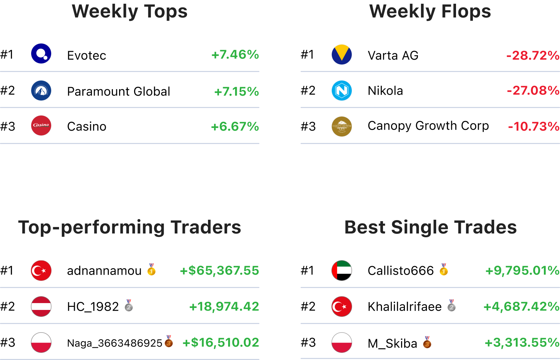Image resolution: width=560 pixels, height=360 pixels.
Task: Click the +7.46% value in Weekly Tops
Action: click(x=235, y=55)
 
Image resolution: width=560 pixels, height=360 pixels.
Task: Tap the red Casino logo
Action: click(x=41, y=125)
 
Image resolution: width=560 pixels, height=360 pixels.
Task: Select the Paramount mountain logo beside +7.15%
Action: click(x=41, y=91)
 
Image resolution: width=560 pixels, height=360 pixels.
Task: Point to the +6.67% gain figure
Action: click(x=235, y=127)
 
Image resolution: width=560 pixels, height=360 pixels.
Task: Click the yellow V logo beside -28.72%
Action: click(x=342, y=55)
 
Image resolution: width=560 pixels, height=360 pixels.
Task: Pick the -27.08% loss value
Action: click(x=533, y=91)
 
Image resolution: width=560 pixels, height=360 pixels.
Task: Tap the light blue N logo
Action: click(x=342, y=91)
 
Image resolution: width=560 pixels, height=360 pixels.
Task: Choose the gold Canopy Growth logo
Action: click(x=342, y=127)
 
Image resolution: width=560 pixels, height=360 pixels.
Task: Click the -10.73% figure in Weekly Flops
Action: click(x=534, y=127)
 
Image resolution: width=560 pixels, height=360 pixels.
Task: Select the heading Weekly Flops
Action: click(x=430, y=11)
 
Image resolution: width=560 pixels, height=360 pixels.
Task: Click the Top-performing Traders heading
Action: click(x=130, y=227)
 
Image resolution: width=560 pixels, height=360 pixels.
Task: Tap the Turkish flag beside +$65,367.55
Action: click(x=41, y=271)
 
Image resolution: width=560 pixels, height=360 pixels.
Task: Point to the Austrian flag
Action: click(x=41, y=307)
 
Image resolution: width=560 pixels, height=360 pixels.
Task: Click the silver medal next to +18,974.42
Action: click(x=129, y=305)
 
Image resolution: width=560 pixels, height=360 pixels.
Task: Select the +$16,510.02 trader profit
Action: click(x=221, y=343)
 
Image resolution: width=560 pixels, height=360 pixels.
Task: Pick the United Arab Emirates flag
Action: click(x=342, y=271)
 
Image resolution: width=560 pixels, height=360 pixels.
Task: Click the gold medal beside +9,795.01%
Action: click(x=444, y=269)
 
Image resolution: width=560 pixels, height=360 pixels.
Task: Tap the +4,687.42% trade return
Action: click(x=521, y=307)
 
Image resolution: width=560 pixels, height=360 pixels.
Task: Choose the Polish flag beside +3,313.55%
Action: click(x=342, y=343)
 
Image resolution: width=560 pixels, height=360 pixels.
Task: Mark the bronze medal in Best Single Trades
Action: click(x=427, y=342)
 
